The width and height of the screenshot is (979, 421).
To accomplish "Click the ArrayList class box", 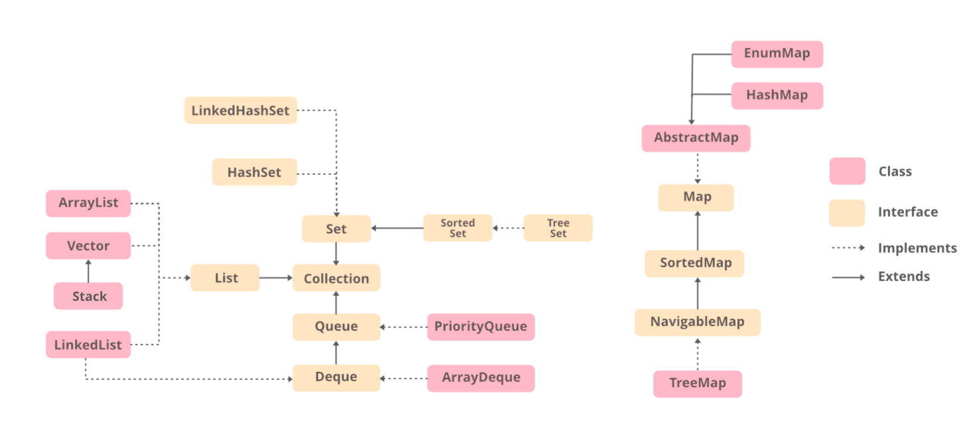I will click(88, 203).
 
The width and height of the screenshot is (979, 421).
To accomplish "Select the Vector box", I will click(88, 246).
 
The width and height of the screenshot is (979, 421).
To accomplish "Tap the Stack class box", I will click(88, 296).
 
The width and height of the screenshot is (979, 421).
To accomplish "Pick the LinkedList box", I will click(88, 345).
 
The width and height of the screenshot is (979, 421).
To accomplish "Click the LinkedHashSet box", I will click(240, 111).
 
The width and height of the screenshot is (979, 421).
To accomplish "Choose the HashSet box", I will click(254, 172).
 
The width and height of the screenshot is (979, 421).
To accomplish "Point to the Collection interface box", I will click(336, 278).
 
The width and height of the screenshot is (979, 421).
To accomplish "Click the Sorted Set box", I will click(458, 228).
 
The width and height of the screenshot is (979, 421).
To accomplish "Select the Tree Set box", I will click(558, 228).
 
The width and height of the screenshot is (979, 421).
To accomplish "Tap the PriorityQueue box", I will click(480, 326).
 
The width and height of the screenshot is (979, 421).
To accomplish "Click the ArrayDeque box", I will click(480, 377).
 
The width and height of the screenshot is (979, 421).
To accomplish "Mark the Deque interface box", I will click(336, 377).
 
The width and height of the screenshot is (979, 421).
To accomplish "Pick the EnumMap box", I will click(777, 54).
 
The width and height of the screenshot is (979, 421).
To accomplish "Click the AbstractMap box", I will click(696, 138).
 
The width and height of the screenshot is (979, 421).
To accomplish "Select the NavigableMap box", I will click(697, 322).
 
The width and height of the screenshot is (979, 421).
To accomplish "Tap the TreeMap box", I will click(697, 383).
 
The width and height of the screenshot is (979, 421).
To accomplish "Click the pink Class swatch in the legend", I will click(847, 171).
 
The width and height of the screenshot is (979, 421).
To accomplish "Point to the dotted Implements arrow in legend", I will click(848, 248).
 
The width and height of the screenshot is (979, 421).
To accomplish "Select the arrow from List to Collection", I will click(276, 278).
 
